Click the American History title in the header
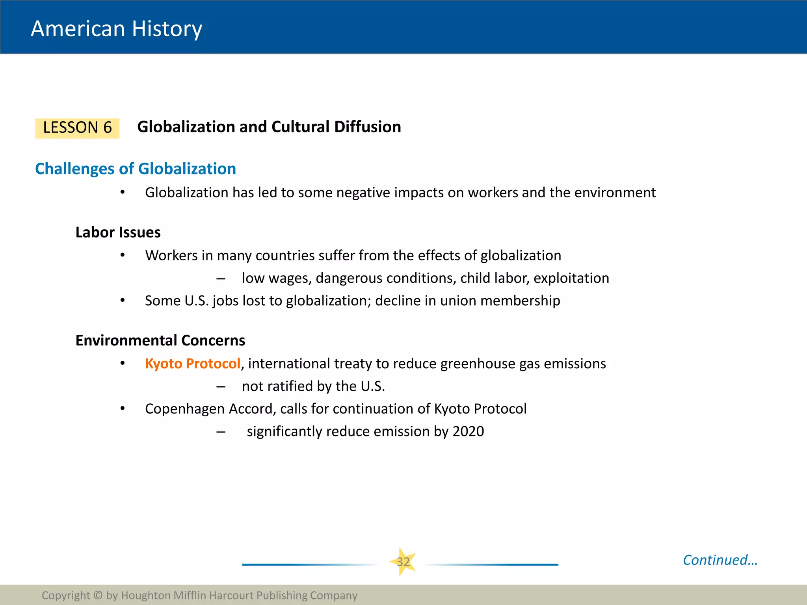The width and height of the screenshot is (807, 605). (x=116, y=29)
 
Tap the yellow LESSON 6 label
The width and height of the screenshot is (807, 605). (x=77, y=128)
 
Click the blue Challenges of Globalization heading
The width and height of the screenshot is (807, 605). (x=136, y=169)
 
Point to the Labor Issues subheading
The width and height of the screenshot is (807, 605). (x=118, y=232)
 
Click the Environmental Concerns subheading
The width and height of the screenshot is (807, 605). (x=160, y=340)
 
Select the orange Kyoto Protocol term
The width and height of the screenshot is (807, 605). (x=193, y=363)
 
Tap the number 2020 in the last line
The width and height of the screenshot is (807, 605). (x=468, y=431)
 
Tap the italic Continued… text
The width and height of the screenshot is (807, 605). (x=720, y=560)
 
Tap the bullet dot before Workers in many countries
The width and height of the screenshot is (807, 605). (x=123, y=255)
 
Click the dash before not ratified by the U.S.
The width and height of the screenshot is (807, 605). (x=221, y=387)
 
